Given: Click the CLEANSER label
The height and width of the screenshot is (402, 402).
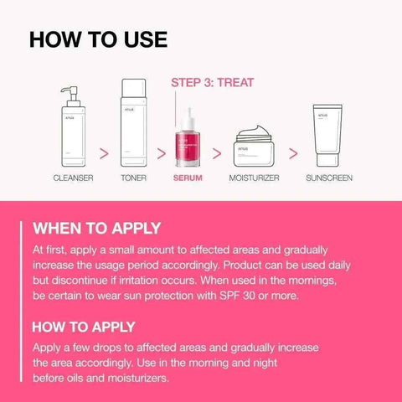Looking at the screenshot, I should pos(73,178).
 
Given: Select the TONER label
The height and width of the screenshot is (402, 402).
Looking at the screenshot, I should pos(136,178).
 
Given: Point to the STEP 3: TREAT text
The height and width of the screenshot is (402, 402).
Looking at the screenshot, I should pos(212,83).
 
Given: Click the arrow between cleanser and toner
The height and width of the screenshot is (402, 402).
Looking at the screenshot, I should pos(105,153).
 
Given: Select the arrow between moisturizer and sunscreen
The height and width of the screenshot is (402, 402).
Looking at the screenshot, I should pos(293,153).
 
